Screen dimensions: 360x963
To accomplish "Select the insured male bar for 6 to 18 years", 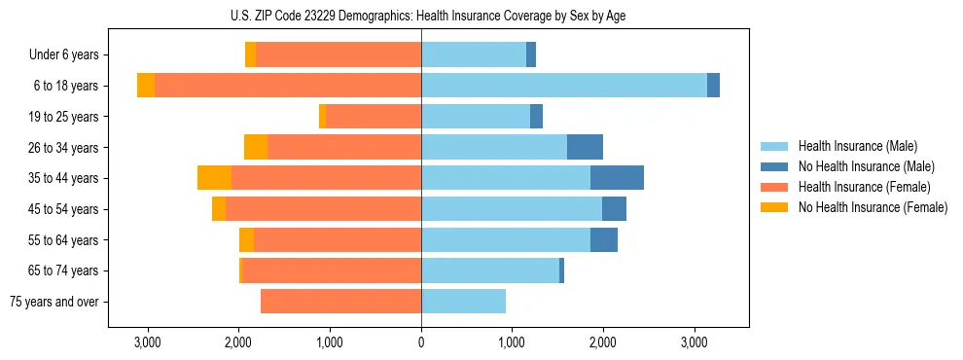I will point(564,86).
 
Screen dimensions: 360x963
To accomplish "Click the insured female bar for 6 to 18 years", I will point(288,86).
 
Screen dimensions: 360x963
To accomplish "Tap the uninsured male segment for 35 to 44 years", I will point(617,178).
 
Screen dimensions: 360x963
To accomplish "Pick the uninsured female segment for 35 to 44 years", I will point(214,178).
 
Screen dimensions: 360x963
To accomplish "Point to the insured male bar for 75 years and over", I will point(463,302).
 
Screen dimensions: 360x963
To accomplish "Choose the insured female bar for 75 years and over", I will point(340,302).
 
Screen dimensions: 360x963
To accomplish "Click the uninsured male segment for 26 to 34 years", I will point(585,147).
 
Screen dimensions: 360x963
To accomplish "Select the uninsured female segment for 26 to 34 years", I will point(256,147).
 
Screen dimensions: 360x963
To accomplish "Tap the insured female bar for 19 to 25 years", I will point(374,117).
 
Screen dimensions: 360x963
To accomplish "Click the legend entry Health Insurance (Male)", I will point(857,146).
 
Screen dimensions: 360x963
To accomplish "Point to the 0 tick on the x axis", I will point(421,342).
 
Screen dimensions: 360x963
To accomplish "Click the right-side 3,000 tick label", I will point(694,342).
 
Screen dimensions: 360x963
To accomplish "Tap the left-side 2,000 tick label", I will point(239,342).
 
